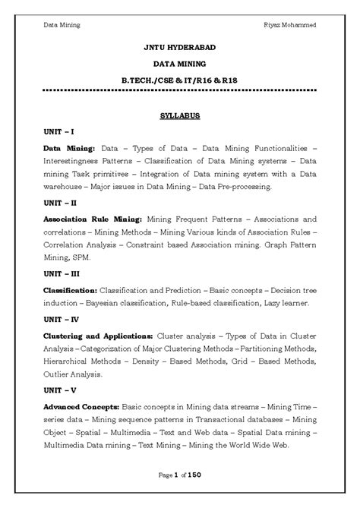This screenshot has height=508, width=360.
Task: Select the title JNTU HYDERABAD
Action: (x=179, y=47)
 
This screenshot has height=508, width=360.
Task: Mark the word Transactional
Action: (x=210, y=420)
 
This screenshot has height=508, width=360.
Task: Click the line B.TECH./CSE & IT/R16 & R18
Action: (x=179, y=79)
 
